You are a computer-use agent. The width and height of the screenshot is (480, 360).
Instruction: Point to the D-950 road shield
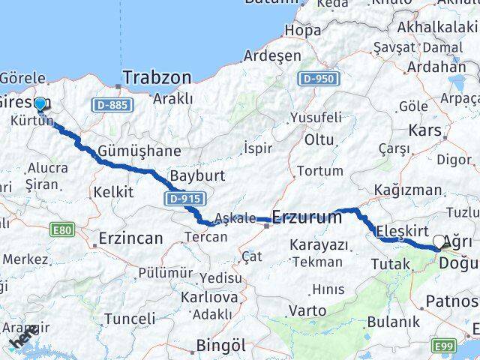click(317, 78)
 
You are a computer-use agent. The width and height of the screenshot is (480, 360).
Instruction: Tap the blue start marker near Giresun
click(40, 103)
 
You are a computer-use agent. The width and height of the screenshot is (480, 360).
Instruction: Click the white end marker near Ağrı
click(439, 241)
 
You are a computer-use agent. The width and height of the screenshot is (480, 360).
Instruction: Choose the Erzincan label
click(130, 239)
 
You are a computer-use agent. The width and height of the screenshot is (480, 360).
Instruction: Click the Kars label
click(425, 131)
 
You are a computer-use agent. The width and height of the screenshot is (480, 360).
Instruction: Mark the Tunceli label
click(129, 319)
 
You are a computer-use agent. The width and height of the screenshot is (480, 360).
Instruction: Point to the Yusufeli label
click(316, 118)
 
